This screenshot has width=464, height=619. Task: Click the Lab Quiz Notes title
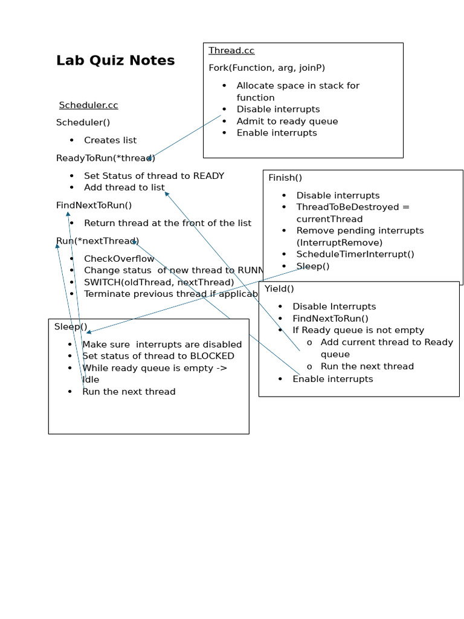click(x=115, y=60)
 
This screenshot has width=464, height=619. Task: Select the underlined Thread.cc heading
click(x=223, y=50)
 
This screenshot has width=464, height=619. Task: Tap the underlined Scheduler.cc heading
click(x=88, y=105)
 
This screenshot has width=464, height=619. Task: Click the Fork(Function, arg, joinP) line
click(x=267, y=68)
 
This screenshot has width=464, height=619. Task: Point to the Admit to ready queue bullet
click(x=287, y=121)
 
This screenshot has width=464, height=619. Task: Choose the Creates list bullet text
click(x=110, y=140)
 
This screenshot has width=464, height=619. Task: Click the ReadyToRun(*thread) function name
click(x=105, y=158)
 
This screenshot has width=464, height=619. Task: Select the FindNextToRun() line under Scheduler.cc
click(x=94, y=206)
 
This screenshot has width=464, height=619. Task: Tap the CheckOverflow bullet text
click(x=119, y=259)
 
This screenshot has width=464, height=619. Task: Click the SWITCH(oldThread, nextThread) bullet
click(x=158, y=282)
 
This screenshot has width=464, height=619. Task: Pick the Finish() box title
click(x=285, y=178)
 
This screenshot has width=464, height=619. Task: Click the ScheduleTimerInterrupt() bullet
click(x=355, y=254)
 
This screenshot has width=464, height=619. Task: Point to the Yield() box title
click(x=279, y=289)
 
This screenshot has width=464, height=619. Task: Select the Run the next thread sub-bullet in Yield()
click(x=367, y=366)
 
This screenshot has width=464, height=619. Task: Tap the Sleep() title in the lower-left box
click(x=71, y=326)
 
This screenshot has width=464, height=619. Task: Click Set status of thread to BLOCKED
click(x=158, y=356)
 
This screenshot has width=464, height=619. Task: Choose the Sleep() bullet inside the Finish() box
click(x=313, y=267)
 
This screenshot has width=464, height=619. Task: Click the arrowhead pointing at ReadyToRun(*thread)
click(x=149, y=159)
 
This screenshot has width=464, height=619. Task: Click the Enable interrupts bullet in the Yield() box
click(x=332, y=379)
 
